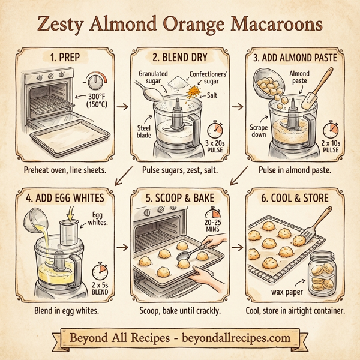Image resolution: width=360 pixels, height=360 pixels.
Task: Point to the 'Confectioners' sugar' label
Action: [196, 78]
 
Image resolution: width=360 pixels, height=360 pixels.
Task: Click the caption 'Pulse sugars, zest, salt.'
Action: [180, 170]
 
